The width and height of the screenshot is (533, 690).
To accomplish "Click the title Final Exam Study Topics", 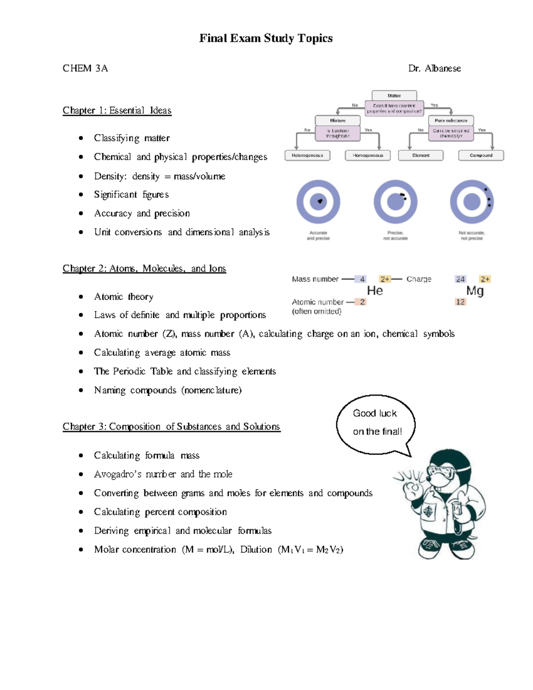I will click(266, 38).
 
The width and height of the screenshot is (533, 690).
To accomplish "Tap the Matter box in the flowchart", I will click(394, 96).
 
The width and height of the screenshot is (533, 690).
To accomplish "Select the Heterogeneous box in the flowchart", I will click(307, 156).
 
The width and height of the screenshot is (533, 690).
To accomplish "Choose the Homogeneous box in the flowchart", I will click(367, 156).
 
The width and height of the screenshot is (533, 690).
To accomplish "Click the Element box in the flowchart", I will click(421, 156).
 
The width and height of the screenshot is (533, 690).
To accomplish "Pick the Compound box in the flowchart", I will click(481, 156).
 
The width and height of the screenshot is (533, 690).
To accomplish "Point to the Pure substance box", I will click(451, 120).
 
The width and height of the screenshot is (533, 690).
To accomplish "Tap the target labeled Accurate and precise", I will click(318, 202).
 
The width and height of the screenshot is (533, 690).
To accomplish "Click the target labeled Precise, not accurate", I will click(395, 202).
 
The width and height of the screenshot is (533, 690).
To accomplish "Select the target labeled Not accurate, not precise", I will click(472, 202).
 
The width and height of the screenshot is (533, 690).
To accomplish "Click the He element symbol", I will click(375, 291).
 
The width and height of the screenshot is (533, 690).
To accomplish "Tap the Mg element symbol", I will click(475, 291).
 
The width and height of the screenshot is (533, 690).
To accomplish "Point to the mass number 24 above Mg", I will click(460, 279).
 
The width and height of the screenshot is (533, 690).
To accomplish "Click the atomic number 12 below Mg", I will click(460, 302).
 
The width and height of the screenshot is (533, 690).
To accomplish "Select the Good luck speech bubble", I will click(376, 423).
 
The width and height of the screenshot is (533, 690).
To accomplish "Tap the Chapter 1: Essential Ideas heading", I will click(117, 110).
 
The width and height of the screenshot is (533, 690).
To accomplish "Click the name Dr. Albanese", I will click(434, 68).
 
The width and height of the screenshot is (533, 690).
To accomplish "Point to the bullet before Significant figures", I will click(81, 195).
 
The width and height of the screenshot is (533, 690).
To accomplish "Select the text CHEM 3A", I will click(85, 68).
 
